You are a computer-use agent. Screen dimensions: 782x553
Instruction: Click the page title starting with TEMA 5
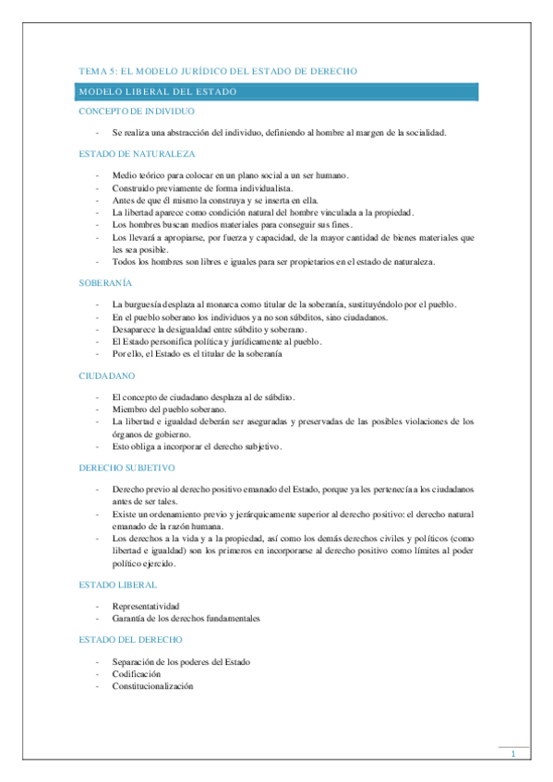218,71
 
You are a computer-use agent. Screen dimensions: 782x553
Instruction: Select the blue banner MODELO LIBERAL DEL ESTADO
277,91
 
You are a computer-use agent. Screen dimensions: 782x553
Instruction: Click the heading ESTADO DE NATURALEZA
136,153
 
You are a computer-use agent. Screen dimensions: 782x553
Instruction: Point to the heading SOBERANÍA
105,283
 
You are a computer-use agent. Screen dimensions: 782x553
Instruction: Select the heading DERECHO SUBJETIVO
133,468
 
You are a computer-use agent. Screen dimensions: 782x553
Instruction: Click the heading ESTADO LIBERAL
117,584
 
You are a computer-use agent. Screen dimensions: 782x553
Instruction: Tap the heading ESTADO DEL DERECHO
130,638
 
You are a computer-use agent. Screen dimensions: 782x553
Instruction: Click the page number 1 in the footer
513,755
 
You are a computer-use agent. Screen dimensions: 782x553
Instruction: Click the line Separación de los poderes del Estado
181,661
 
